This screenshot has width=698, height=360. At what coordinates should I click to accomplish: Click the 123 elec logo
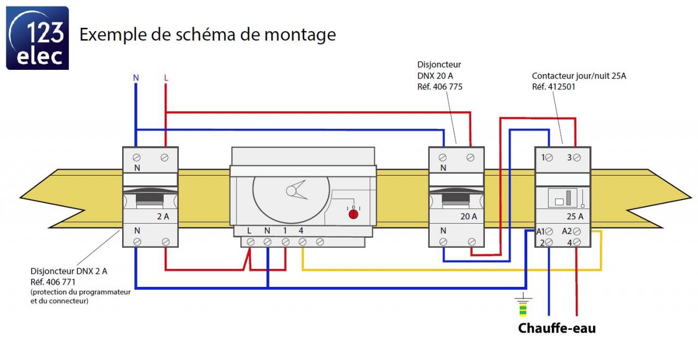pyautogui.click(x=37, y=38)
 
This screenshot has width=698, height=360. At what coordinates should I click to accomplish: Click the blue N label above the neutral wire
pyautogui.click(x=136, y=78)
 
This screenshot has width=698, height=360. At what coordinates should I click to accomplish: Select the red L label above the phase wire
pyautogui.click(x=166, y=78)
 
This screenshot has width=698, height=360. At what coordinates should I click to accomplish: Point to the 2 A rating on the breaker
pyautogui.click(x=163, y=216)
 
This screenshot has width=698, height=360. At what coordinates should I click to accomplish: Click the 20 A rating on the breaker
pyautogui.click(x=468, y=216)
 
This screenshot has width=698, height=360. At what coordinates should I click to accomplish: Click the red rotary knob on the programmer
pyautogui.click(x=353, y=214)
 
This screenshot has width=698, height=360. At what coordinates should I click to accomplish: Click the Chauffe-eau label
pyautogui.click(x=557, y=328)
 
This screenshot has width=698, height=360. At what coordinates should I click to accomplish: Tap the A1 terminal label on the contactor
pyautogui.click(x=541, y=231)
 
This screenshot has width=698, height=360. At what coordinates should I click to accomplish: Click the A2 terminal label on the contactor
pyautogui.click(x=567, y=231)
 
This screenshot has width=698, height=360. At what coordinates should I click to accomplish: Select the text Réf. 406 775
pyautogui.click(x=440, y=87)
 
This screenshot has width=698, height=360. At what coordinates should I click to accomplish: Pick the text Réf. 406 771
pyautogui.click(x=53, y=282)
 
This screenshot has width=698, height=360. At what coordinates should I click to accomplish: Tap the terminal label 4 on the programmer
pyautogui.click(x=301, y=231)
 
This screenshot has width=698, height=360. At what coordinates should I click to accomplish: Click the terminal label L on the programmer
pyautogui.click(x=249, y=231)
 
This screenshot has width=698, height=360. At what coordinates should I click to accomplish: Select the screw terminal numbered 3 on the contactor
pyautogui.click(x=576, y=157)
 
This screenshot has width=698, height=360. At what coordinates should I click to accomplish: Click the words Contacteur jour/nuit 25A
pyautogui.click(x=579, y=76)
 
